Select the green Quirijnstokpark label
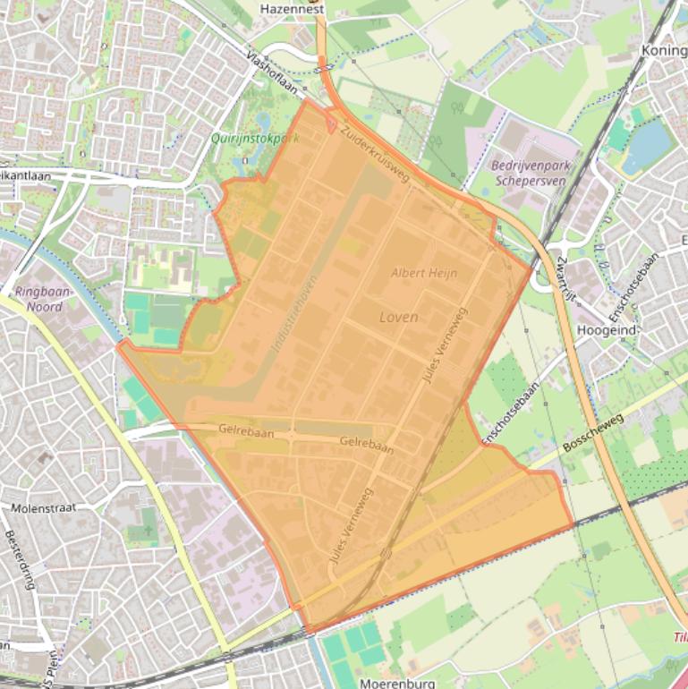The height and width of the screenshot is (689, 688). [255, 139]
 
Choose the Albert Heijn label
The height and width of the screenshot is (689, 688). [424, 273]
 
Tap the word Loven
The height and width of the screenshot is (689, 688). [398, 317]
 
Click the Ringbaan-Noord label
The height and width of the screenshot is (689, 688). [38, 299]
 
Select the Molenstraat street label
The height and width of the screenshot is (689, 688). [44, 508]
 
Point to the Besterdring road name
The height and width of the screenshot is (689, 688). [20, 560]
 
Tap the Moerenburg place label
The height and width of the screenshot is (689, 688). [397, 683]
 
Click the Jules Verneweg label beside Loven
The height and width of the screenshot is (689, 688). [445, 346]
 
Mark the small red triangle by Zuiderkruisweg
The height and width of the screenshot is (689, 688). [331, 126]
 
